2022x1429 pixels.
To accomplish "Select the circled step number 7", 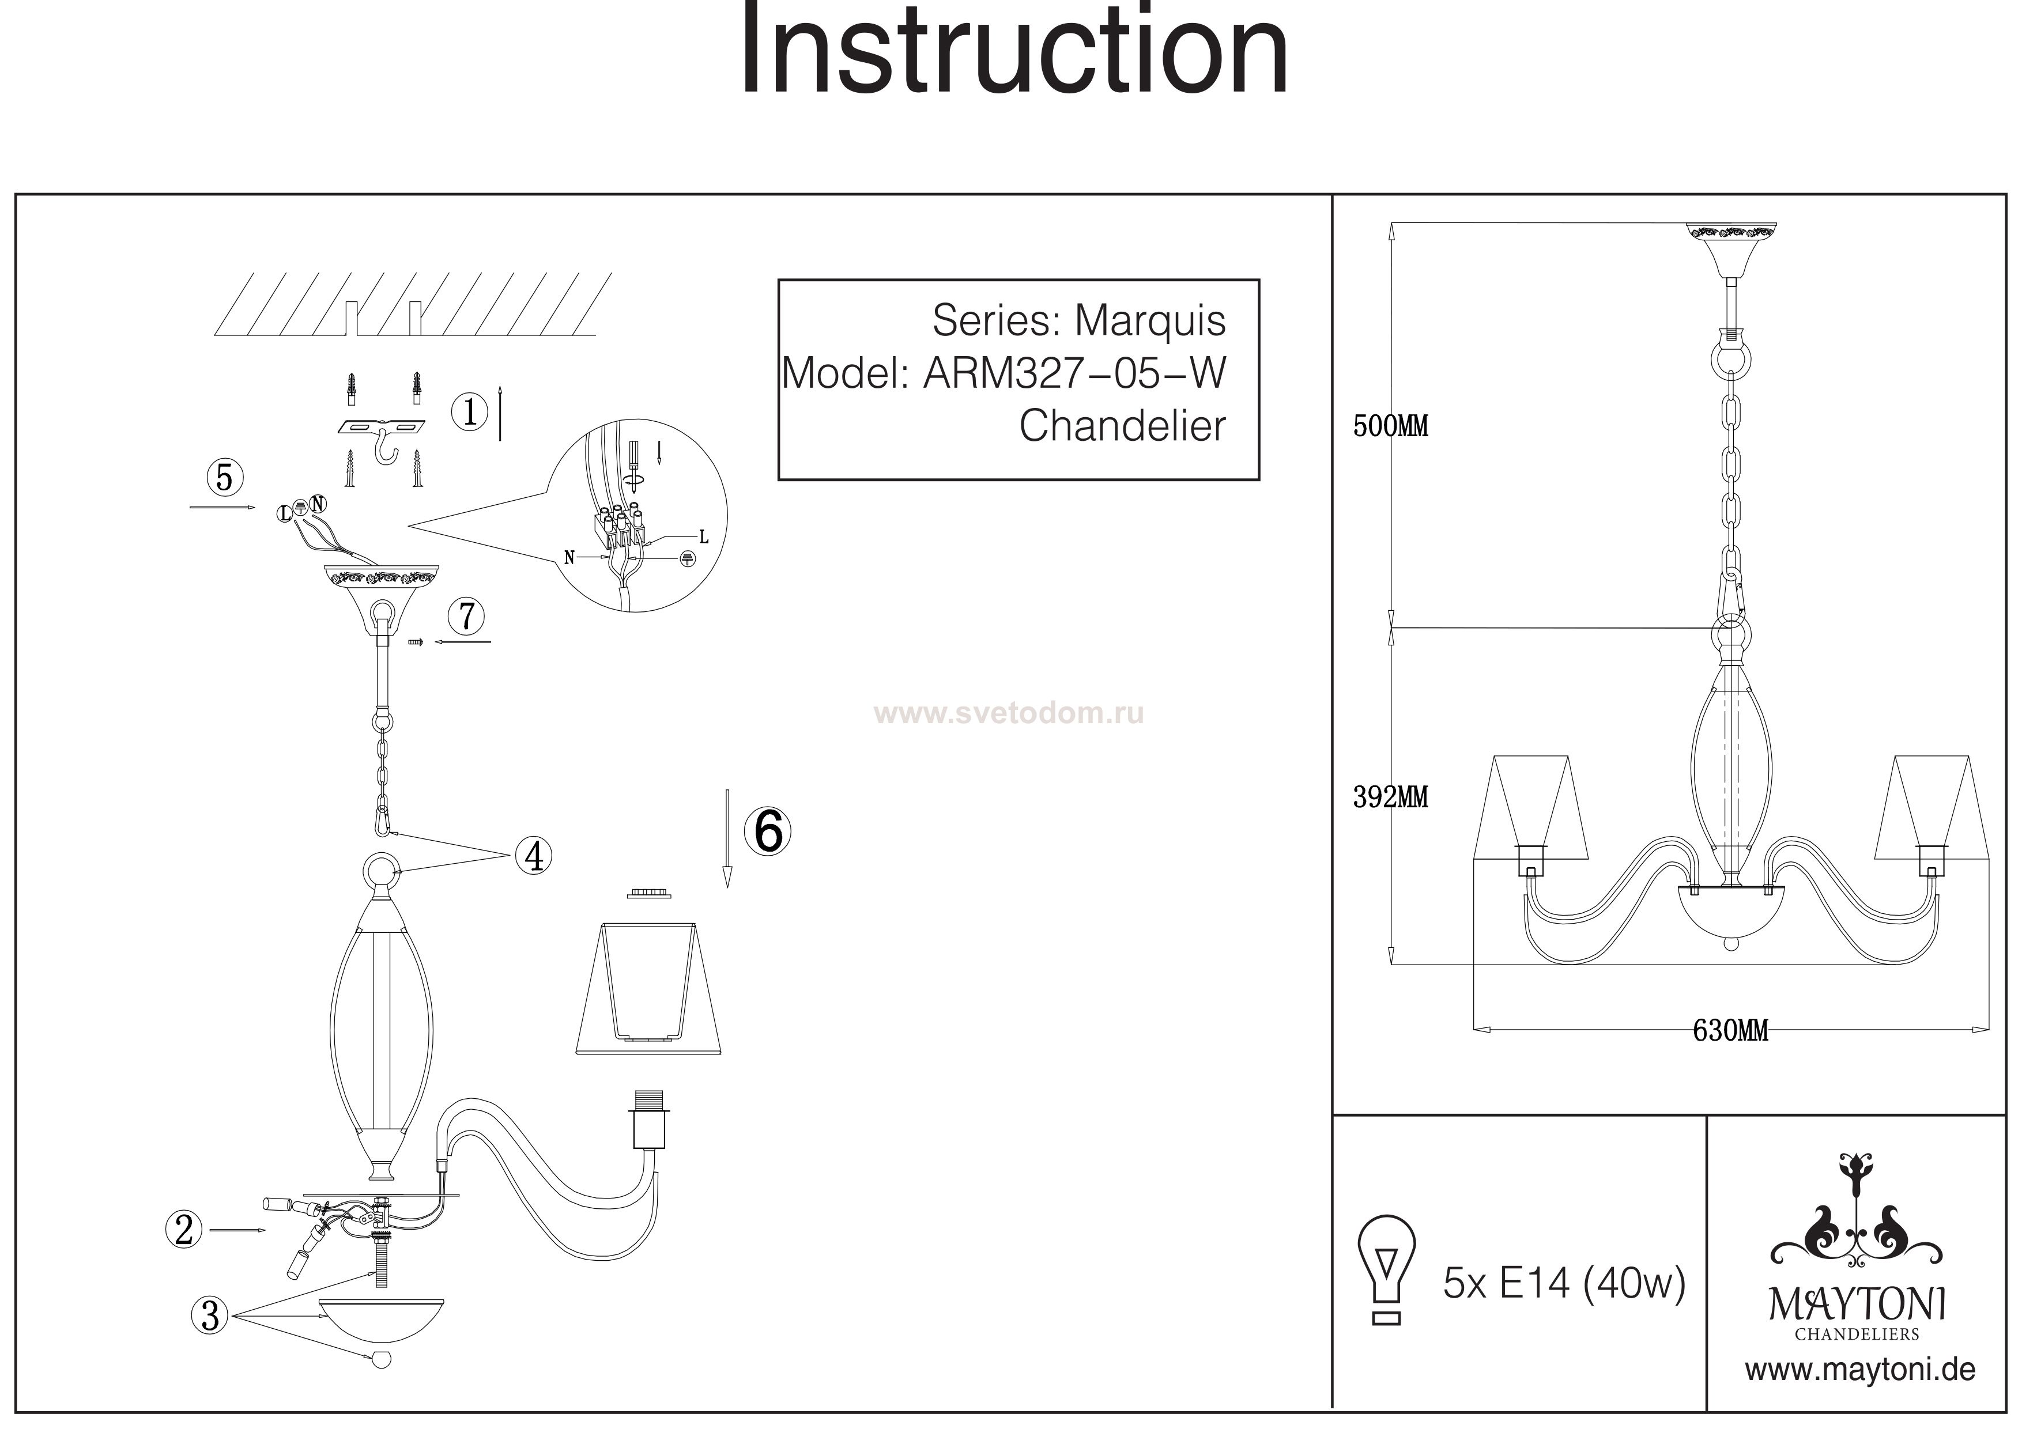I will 467,615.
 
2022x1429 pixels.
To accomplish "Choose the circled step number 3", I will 210,1315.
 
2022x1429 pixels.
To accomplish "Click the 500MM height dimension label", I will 1391,426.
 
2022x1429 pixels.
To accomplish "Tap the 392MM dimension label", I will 1391,797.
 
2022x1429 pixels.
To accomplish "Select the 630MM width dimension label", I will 1730,1030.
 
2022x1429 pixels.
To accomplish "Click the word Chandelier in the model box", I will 1122,426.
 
